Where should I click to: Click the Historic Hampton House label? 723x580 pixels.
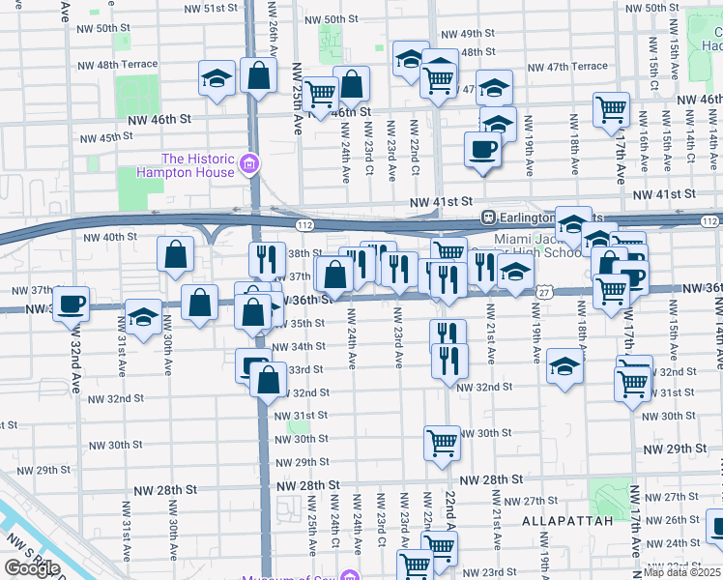[198, 165]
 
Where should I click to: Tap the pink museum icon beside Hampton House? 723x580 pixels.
[250, 164]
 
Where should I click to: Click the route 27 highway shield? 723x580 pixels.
[546, 292]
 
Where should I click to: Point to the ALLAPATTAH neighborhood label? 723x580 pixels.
[567, 520]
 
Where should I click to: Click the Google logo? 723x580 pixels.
[32, 568]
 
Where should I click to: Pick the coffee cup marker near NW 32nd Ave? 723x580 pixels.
[71, 304]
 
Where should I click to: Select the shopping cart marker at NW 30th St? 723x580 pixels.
[442, 444]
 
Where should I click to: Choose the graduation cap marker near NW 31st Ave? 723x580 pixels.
[143, 317]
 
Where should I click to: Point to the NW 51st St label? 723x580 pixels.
[205, 8]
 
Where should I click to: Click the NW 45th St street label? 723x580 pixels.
[106, 137]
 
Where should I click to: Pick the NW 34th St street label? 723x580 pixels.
[298, 346]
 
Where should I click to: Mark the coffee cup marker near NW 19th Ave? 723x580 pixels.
[481, 150]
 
